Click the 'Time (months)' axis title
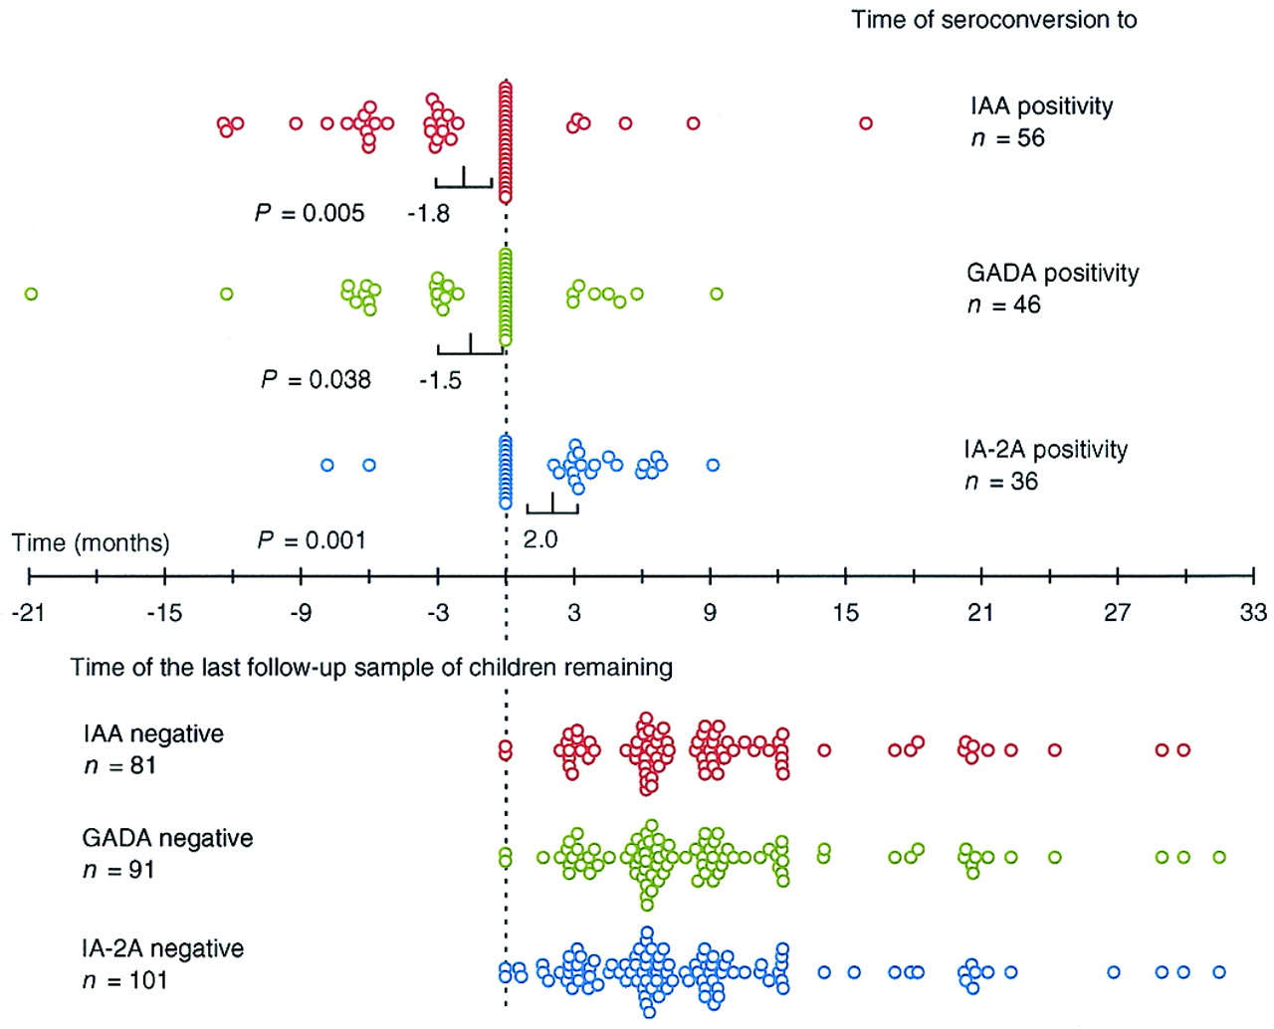click(91, 543)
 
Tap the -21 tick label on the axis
click(28, 612)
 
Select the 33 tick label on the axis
click(1253, 612)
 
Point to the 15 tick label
click(845, 612)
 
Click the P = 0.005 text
click(310, 213)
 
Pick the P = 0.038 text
click(316, 379)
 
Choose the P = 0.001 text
click(312, 540)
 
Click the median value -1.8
click(428, 213)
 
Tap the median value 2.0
click(540, 539)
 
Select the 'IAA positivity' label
click(1041, 106)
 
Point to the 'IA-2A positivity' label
click(1045, 450)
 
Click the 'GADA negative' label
click(167, 838)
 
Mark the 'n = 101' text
click(124, 980)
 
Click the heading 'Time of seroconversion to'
click(993, 20)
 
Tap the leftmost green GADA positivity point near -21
click(31, 294)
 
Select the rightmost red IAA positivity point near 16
click(866, 123)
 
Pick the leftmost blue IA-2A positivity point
click(326, 465)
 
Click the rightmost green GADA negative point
click(1219, 857)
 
